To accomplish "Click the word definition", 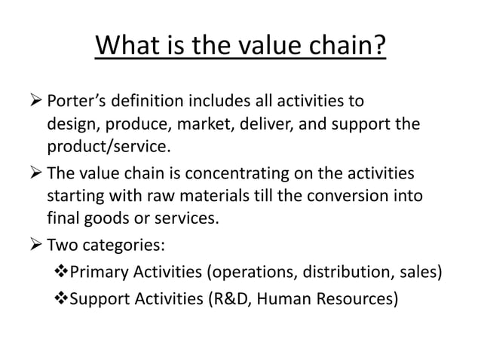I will coord(151,101).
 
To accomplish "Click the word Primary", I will coord(97,272).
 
